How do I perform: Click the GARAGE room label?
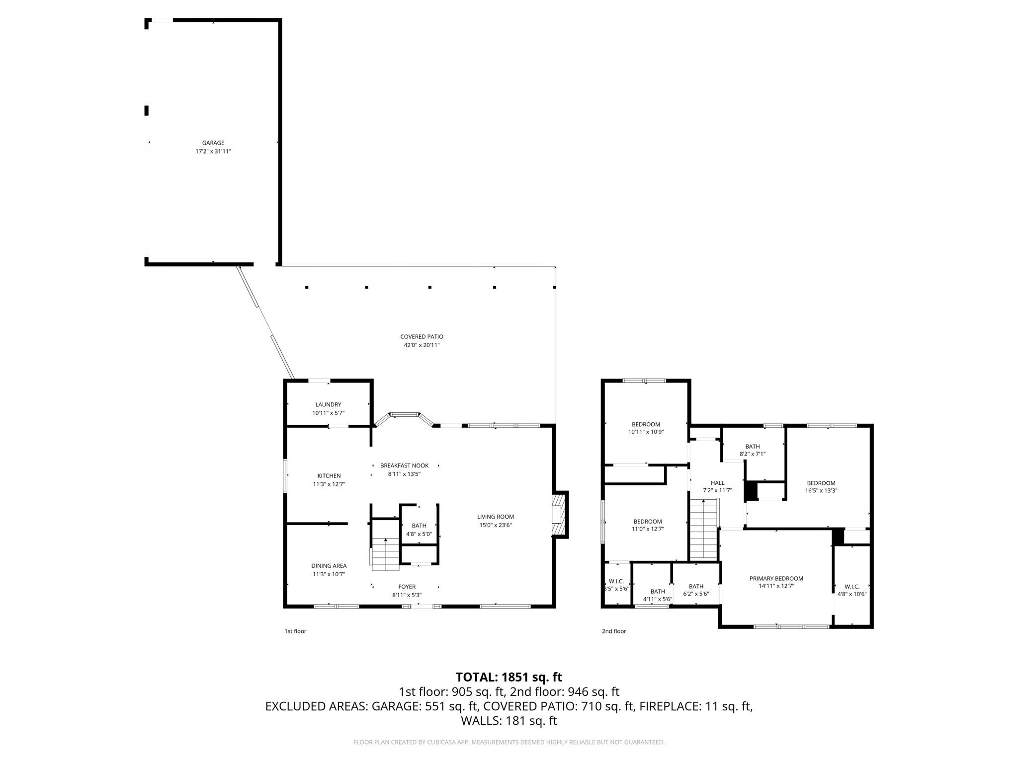(x=213, y=143)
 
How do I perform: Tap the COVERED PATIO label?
(x=422, y=337)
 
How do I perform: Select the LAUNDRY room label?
(x=328, y=405)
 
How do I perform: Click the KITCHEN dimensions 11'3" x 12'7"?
(x=329, y=484)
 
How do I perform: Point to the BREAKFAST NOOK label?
(x=404, y=466)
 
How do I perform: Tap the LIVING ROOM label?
(x=495, y=517)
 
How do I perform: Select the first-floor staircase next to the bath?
(x=386, y=554)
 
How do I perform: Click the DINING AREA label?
(x=329, y=566)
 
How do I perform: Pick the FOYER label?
(x=407, y=587)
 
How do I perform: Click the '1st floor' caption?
(x=295, y=631)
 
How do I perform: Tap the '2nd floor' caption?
(x=614, y=631)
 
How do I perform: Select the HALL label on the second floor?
(x=717, y=483)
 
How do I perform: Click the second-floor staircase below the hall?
(x=704, y=530)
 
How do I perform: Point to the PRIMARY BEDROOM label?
(x=776, y=578)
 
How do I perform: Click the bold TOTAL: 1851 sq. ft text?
(x=509, y=677)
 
